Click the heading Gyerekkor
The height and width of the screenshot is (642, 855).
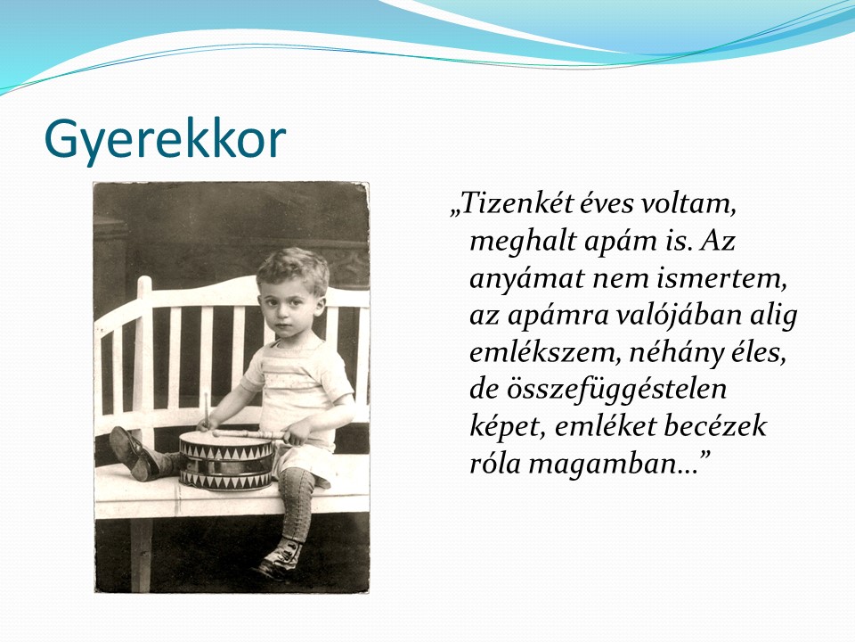point(165,140)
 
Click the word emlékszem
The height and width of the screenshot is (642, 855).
point(546,353)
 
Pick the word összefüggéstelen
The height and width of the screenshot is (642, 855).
point(598,390)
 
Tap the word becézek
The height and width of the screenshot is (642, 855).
point(715,426)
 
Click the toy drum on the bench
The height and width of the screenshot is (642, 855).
point(226,460)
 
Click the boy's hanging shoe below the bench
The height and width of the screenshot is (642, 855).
point(280,560)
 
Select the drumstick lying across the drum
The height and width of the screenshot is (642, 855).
point(249,434)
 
